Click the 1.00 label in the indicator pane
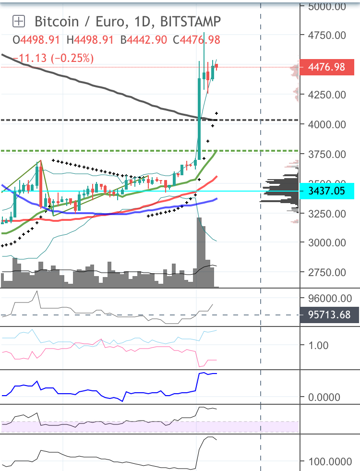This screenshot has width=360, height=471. tap(317, 345)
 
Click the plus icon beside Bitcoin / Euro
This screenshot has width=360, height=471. tap(19, 21)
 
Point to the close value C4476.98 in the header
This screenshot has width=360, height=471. tap(200, 40)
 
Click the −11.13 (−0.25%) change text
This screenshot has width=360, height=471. tap(53, 58)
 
